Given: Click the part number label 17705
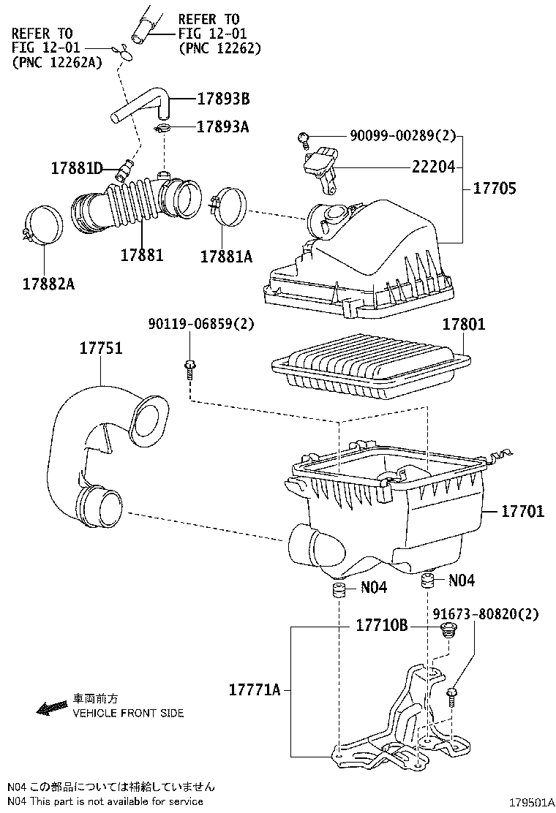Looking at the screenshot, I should [495, 189].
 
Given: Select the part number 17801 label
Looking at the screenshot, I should [463, 324].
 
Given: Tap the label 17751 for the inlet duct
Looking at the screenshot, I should [101, 349].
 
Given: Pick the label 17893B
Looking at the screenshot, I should [222, 99].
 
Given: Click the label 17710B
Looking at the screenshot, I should [381, 627].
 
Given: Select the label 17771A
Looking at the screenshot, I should [254, 689].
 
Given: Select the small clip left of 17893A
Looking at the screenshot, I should [162, 129].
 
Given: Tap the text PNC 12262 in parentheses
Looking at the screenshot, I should [219, 48].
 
